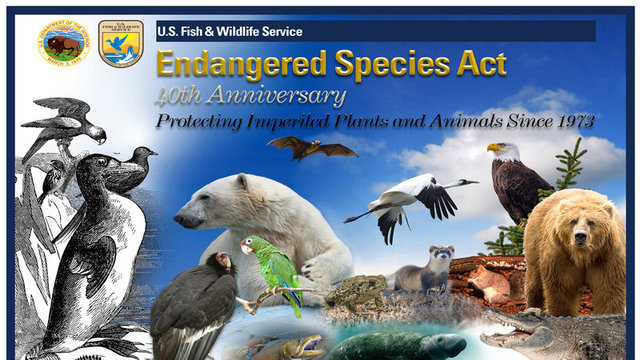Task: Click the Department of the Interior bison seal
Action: [x=65, y=41]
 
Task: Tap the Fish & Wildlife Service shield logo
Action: [x=121, y=42]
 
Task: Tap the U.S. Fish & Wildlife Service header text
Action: [x=229, y=31]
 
